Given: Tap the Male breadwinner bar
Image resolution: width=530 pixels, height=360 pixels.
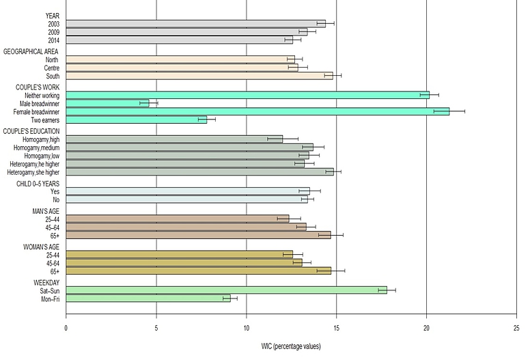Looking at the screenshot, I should click(x=107, y=103).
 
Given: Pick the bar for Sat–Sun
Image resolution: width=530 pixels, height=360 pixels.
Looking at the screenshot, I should click(x=226, y=290).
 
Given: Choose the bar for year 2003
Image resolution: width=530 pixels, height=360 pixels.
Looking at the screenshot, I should click(x=195, y=23).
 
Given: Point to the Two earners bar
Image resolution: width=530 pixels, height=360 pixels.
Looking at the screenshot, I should click(x=136, y=120).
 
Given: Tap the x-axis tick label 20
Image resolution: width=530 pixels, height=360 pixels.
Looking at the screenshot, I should click(x=426, y=327).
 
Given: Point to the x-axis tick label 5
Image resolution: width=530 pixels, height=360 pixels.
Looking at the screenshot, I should click(x=156, y=327).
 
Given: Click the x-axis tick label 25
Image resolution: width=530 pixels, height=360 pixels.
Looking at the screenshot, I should click(x=516, y=327).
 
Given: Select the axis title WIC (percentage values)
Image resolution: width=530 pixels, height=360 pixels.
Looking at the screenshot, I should click(x=291, y=346).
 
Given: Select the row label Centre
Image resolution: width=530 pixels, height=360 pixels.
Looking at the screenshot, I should click(x=50, y=68).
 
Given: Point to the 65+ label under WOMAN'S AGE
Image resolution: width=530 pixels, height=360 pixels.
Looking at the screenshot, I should click(x=53, y=271).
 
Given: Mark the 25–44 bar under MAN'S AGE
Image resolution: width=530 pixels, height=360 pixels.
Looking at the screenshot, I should click(x=177, y=219).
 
